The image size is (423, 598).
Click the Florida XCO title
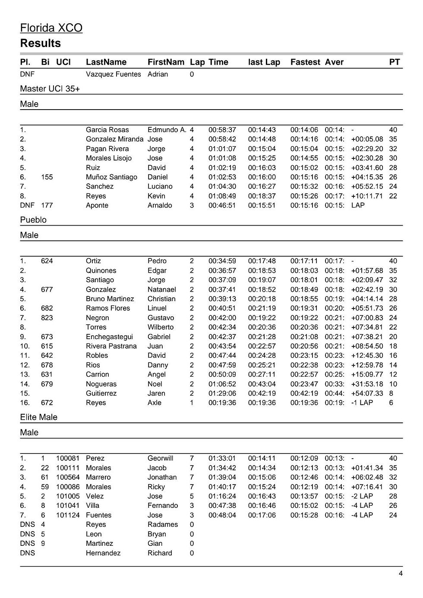tap(51, 28)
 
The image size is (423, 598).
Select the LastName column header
tap(106, 62)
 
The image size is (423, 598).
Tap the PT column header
tap(394, 62)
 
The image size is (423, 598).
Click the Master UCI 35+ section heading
tap(50, 89)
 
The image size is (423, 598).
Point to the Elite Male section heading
tap(38, 417)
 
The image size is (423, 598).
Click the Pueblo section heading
tap(33, 220)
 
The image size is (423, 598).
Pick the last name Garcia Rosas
tap(107, 130)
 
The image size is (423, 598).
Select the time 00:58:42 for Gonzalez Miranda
tap(222, 139)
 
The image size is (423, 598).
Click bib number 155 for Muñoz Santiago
tap(47, 177)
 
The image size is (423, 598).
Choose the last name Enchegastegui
tap(109, 337)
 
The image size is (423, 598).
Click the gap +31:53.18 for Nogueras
tap(367, 384)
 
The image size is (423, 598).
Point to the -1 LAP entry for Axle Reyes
tap(362, 403)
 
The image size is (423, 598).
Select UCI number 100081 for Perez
tap(68, 459)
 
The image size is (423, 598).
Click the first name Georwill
tap(160, 459)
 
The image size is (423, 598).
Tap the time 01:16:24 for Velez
tap(222, 496)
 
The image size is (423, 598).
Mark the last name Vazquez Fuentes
tap(113, 74)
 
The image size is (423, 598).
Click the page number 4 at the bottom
tap(401, 573)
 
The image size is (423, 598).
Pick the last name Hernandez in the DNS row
tap(103, 553)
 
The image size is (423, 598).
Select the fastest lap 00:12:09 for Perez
tap(304, 459)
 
